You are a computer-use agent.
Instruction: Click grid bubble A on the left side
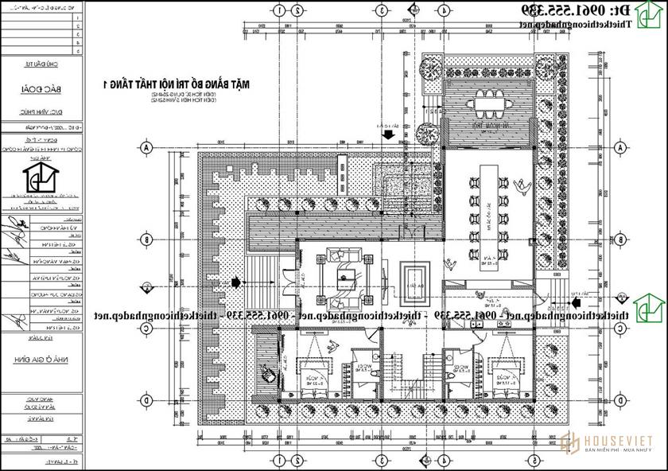(x=146, y=148)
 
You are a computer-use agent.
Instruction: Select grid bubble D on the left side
(x=146, y=393)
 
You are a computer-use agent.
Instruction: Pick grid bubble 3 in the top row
(x=381, y=11)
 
